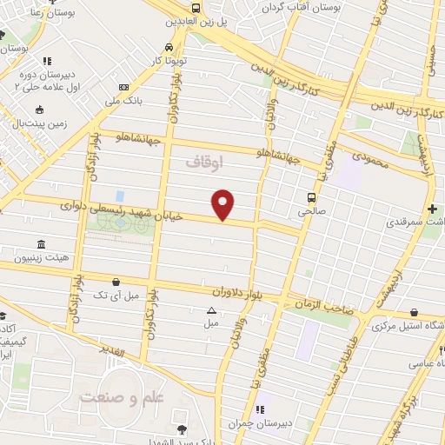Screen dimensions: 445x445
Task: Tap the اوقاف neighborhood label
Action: tap(205, 163)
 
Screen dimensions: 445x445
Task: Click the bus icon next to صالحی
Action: tap(310, 196)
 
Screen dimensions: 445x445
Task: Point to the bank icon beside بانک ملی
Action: tap(123, 87)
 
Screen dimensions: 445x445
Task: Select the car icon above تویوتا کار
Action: tap(167, 48)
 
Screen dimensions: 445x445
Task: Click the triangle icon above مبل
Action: tap(210, 309)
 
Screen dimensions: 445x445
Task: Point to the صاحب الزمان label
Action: tap(322, 305)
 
